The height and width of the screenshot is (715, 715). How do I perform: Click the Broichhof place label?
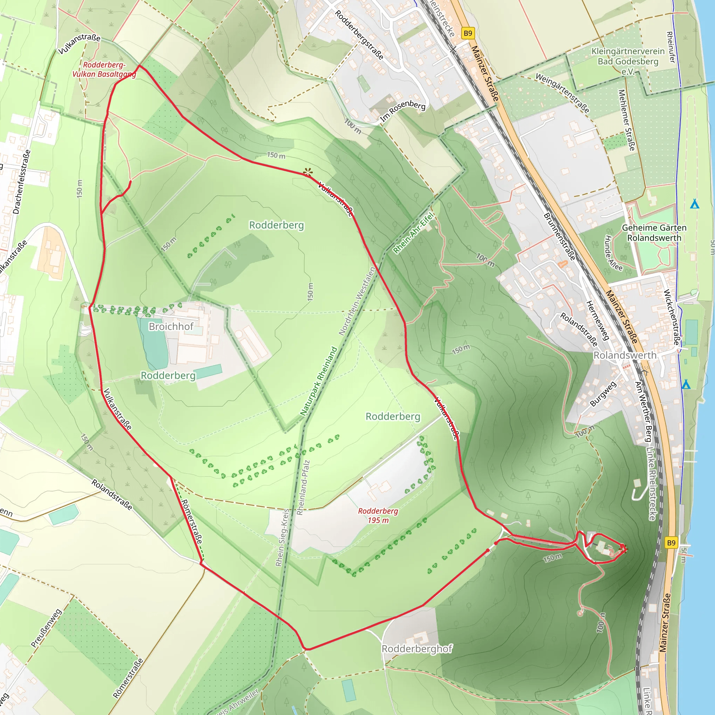(x=171, y=326)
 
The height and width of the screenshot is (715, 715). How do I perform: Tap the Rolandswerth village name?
(x=625, y=355)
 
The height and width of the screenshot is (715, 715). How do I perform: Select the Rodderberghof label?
(x=417, y=649)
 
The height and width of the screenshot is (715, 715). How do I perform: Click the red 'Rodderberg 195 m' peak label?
(x=378, y=516)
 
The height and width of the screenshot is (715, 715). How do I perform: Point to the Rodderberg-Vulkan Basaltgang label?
(x=104, y=69)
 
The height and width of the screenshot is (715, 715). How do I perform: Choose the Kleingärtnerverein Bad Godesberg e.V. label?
(x=628, y=61)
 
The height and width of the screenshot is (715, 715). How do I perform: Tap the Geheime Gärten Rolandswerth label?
(x=654, y=233)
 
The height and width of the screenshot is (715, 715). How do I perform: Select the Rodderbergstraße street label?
(x=359, y=35)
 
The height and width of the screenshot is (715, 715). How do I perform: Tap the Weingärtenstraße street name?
(x=562, y=93)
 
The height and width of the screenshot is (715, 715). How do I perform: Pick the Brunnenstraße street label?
(x=559, y=236)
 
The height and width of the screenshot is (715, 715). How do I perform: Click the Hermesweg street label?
(x=597, y=320)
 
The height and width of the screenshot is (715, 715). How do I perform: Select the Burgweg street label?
(x=603, y=394)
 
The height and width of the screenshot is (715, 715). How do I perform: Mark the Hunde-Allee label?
(x=613, y=253)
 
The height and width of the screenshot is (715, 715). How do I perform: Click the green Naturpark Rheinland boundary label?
(x=319, y=381)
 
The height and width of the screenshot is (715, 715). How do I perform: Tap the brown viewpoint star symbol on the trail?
(x=308, y=172)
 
